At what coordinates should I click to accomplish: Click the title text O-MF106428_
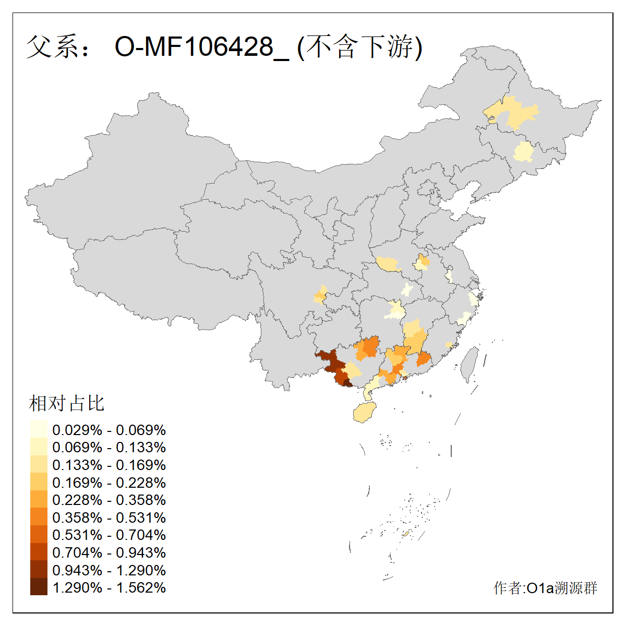(201, 47)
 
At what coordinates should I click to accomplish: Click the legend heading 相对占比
(67, 403)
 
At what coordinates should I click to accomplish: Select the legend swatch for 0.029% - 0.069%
(39, 430)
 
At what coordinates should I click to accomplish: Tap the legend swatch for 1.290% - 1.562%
(39, 587)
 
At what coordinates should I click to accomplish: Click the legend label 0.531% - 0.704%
(109, 535)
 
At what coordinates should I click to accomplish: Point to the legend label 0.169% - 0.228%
(109, 483)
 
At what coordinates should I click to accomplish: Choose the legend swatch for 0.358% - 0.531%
(39, 517)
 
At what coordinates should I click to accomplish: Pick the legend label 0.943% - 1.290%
(109, 570)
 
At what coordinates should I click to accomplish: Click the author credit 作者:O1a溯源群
(545, 588)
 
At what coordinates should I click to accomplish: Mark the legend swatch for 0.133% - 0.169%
(39, 465)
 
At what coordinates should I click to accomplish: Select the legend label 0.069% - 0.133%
(109, 447)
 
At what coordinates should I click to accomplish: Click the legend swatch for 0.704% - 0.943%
(39, 552)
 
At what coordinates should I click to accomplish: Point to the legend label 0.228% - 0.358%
(109, 500)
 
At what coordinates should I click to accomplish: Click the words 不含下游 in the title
(359, 47)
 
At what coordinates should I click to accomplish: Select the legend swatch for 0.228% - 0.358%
(39, 500)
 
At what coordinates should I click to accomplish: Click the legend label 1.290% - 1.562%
(109, 587)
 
